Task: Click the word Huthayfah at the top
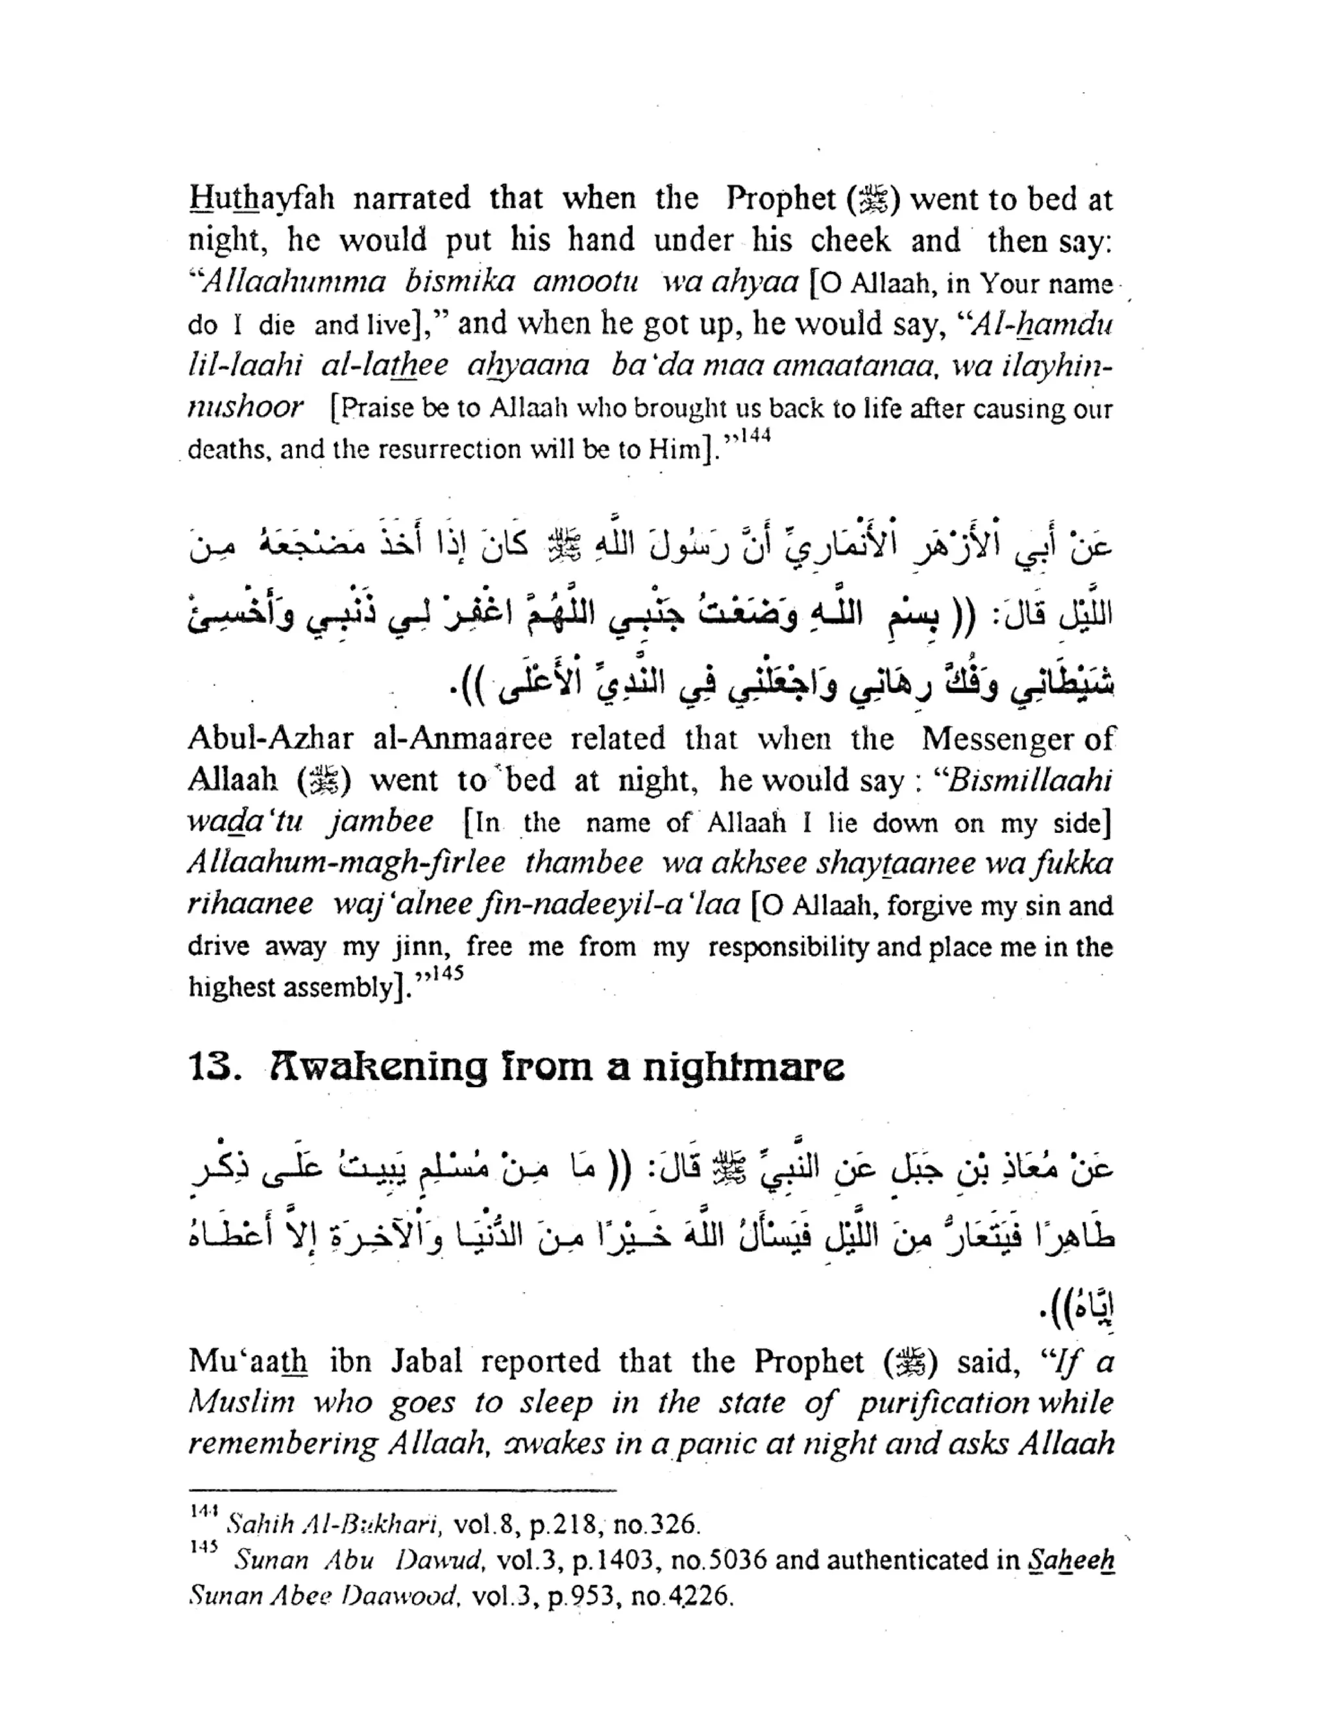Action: coord(262,199)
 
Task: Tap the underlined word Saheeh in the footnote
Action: coord(1071,1560)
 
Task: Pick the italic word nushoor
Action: coord(245,407)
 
